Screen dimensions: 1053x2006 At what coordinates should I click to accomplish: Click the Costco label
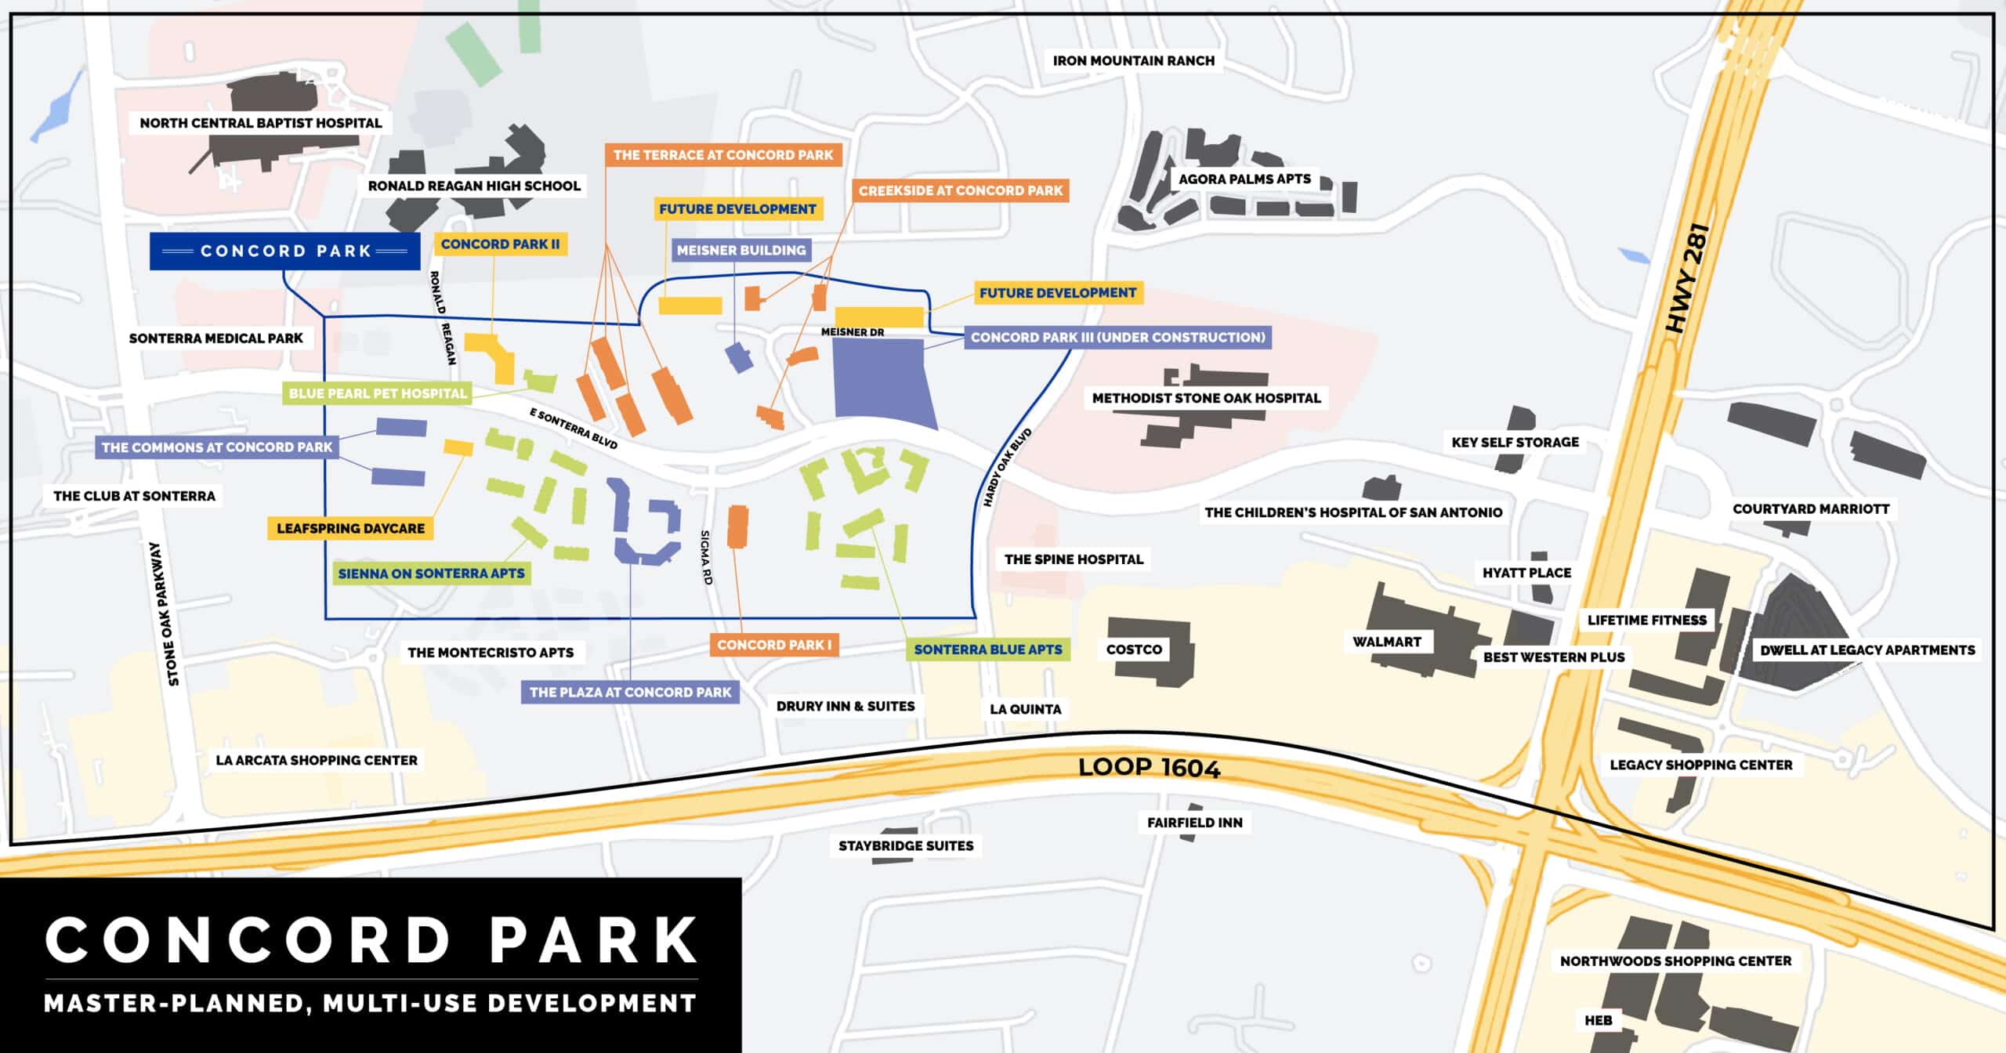coord(1134,650)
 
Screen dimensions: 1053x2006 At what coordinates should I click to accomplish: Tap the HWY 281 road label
coord(1688,279)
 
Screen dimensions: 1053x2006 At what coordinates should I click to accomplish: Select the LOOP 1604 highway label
coord(1149,768)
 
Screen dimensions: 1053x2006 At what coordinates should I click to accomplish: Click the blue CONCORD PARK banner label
coord(285,251)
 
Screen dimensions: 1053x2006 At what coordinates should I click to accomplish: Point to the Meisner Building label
coord(740,251)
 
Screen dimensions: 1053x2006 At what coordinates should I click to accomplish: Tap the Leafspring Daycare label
coord(350,529)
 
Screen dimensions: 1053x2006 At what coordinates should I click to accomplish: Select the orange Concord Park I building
coord(737,526)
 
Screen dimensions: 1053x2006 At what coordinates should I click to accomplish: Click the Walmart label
coord(1386,642)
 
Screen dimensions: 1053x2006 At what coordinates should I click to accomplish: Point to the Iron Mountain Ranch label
coord(1133,60)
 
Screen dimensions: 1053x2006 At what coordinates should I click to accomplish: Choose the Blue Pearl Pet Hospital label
coord(377,393)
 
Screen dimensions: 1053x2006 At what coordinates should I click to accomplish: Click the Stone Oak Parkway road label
coord(164,614)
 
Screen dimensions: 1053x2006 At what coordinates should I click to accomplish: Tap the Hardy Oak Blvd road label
coord(1007,468)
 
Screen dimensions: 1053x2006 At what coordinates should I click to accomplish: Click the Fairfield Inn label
coord(1194,823)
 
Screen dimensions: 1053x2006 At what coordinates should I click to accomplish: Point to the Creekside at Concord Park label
coord(960,190)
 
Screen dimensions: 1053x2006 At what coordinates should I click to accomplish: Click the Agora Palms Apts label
coord(1244,179)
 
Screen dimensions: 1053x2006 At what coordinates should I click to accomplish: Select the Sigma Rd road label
coord(706,557)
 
